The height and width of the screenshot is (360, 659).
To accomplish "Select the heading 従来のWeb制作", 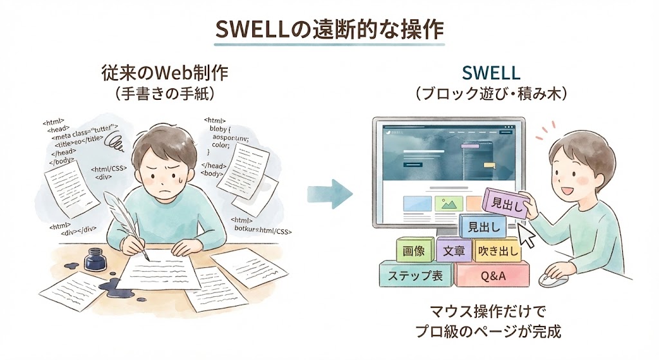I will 164,73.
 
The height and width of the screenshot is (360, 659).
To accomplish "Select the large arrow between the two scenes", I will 329,193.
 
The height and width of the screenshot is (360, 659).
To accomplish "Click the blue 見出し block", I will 483,226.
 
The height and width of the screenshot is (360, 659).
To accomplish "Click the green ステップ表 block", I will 416,276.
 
